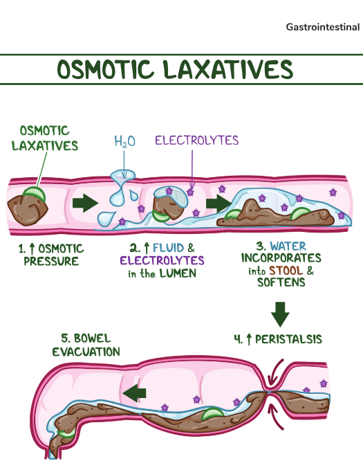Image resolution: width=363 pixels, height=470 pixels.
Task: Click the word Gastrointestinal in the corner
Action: (x=323, y=27)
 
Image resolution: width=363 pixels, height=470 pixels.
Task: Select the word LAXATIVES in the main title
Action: (x=229, y=69)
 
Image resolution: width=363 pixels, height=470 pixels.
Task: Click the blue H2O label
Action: (x=125, y=141)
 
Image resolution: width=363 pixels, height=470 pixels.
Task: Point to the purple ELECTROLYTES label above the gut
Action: (x=197, y=141)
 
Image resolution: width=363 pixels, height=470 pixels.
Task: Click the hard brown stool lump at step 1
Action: (x=28, y=210)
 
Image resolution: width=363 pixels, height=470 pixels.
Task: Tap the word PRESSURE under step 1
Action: (x=51, y=261)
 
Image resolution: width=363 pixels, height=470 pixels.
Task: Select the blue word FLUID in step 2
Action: (x=168, y=248)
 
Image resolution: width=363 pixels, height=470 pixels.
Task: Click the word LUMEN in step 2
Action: (x=178, y=273)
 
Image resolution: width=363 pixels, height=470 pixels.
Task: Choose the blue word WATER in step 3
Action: (x=288, y=246)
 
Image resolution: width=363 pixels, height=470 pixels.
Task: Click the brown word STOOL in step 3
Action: (x=286, y=271)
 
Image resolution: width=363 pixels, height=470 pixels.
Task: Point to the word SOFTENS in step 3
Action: (x=281, y=282)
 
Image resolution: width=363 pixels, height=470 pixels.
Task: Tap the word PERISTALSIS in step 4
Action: (x=288, y=339)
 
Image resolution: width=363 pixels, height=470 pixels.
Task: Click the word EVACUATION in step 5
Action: (x=86, y=352)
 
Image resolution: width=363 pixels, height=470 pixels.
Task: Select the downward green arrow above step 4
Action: (x=280, y=314)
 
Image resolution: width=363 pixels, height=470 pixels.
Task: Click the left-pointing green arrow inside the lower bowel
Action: (x=134, y=392)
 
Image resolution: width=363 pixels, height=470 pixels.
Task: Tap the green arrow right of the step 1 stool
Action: (x=85, y=203)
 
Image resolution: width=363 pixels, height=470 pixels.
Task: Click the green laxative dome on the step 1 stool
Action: (x=34, y=192)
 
